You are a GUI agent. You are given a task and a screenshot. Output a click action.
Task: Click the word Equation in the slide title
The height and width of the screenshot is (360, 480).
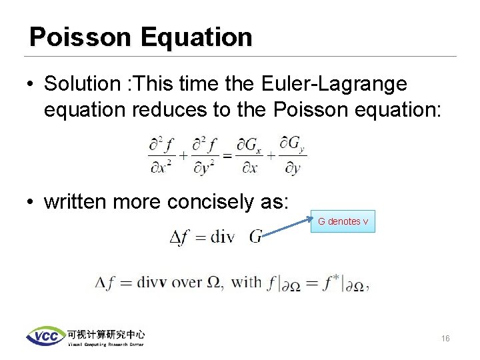197,37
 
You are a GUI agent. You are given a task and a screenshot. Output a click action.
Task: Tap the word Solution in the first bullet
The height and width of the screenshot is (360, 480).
81,84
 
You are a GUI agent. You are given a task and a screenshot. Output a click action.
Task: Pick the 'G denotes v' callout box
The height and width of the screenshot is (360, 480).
343,221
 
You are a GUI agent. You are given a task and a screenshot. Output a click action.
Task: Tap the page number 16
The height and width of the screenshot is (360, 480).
445,339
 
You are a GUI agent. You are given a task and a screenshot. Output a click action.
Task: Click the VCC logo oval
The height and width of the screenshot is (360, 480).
46,336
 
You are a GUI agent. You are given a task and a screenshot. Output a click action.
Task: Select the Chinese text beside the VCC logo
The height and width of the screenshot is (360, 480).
105,334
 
